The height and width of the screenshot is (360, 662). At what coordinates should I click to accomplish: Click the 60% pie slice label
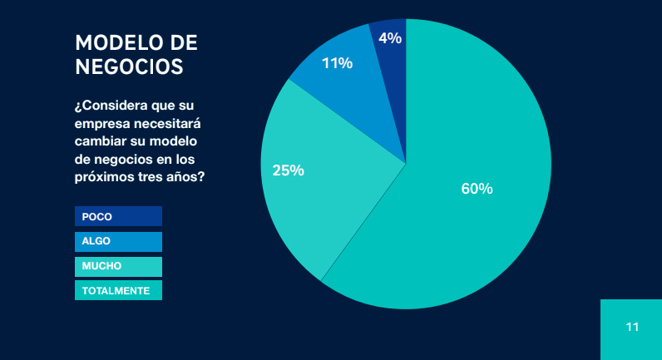point(477,189)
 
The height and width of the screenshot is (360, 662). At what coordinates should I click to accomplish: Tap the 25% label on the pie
point(288,170)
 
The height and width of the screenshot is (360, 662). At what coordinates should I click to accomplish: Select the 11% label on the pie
point(338,63)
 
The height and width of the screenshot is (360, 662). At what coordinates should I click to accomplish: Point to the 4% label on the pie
point(390,37)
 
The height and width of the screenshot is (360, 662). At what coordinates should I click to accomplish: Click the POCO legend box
point(118,216)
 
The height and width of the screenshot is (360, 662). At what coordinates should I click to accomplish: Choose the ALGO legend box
point(118,241)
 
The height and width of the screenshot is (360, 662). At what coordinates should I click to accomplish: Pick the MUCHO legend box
point(118,266)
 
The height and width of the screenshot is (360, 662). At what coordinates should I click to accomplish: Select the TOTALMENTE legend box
point(118,291)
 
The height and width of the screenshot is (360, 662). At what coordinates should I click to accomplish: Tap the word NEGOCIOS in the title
point(129,67)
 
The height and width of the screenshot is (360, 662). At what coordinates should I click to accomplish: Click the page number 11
point(632,327)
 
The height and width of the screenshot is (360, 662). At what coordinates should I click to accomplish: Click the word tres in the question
point(151,177)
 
